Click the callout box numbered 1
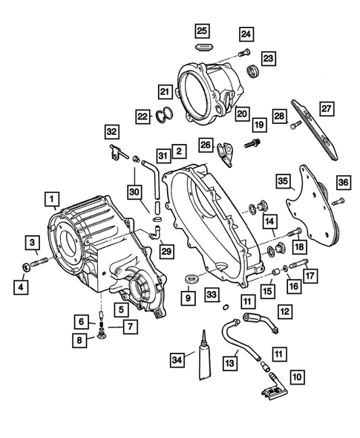coord(51,198)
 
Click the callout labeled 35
coord(282,181)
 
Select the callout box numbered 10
coord(297,378)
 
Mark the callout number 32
coord(111,131)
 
